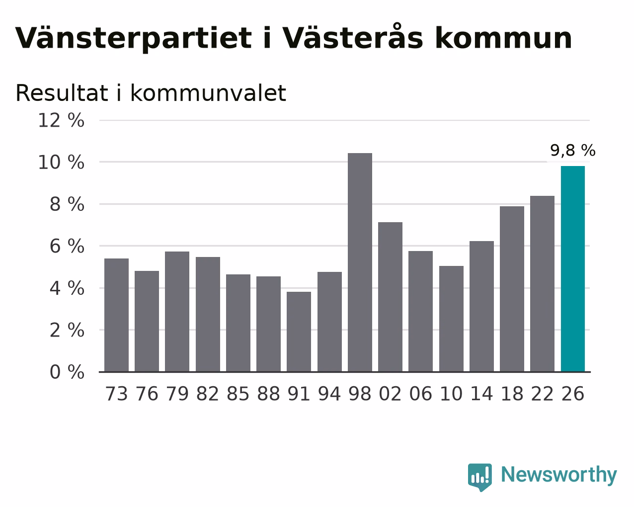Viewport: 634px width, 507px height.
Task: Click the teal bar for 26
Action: [573, 269]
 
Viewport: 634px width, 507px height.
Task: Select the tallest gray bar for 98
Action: [360, 262]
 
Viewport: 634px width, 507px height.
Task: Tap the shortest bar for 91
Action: [299, 332]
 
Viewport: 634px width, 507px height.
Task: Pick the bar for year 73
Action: [116, 315]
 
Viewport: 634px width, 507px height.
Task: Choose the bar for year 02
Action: [390, 297]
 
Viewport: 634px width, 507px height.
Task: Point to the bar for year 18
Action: [512, 289]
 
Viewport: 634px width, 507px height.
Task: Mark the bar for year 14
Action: [481, 307]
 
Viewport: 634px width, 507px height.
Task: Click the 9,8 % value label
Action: [573, 150]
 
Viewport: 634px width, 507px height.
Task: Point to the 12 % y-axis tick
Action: [61, 120]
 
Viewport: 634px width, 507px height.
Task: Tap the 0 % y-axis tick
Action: [67, 372]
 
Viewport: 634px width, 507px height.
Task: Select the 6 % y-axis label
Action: [67, 246]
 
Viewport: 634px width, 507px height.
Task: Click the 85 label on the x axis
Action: [238, 394]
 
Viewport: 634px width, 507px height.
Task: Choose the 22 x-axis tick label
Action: [542, 394]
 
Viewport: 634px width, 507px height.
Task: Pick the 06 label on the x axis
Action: [420, 394]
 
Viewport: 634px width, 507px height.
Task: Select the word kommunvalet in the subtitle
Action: [208, 93]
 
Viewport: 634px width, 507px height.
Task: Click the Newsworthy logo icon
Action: [480, 477]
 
